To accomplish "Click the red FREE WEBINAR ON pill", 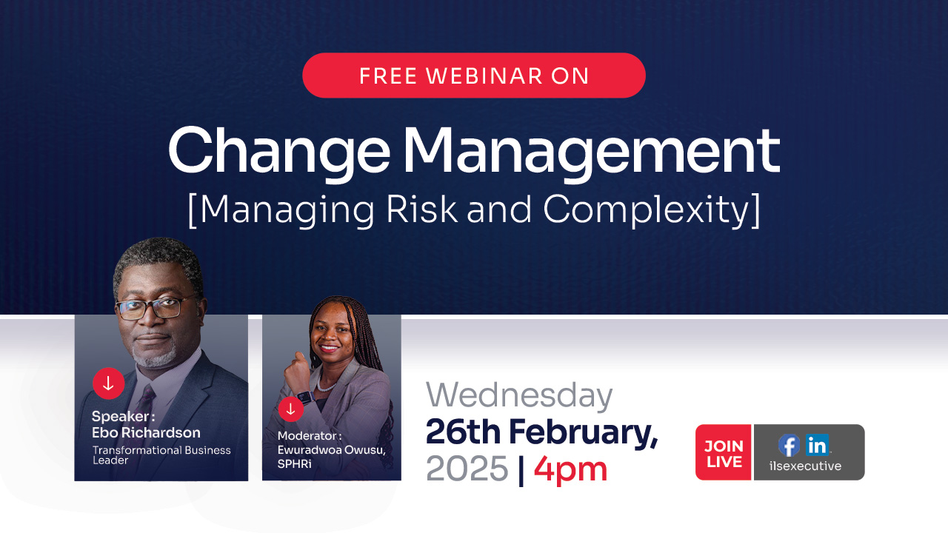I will (474, 76).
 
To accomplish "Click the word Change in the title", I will (278, 150).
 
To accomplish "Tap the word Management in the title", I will (590, 150).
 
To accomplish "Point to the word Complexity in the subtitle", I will (652, 209).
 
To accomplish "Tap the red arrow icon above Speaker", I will (108, 383).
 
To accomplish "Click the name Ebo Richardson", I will (146, 432).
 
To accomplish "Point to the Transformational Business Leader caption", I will (161, 455).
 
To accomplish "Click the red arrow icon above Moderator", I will (290, 409).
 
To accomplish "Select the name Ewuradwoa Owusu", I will (331, 449).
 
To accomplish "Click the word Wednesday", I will (518, 396).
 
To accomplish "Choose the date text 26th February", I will (541, 432).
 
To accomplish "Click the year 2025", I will (467, 469).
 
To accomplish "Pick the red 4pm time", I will (570, 469).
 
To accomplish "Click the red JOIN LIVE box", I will (724, 453).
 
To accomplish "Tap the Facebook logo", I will (789, 445).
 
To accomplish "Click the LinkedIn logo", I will (818, 445).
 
